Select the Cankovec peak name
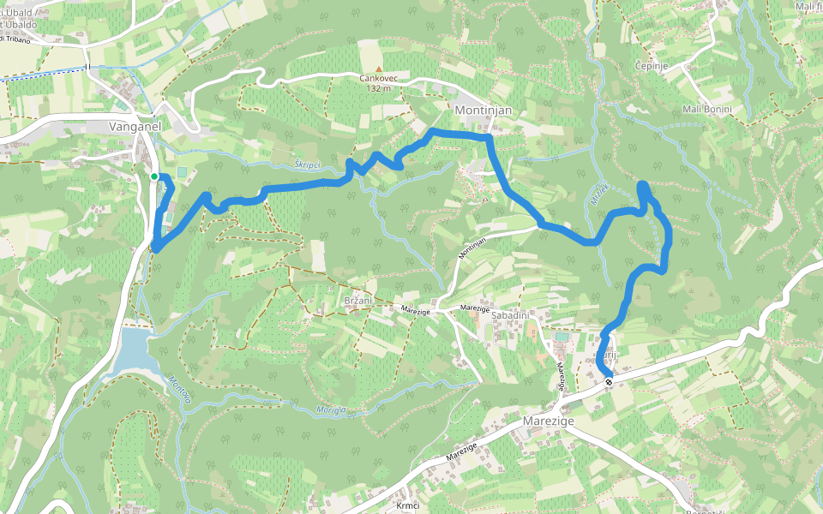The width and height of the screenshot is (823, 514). [378, 78]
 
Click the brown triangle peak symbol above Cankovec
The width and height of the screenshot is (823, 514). [378, 68]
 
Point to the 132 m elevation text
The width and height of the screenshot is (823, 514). [378, 88]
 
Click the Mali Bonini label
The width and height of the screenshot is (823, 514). [707, 110]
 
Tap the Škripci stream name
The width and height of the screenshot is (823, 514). [306, 164]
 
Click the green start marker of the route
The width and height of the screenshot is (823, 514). [154, 176]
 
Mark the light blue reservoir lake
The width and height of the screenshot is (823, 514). [135, 351]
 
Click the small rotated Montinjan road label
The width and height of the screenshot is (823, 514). [473, 248]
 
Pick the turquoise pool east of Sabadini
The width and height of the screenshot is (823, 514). [561, 338]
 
